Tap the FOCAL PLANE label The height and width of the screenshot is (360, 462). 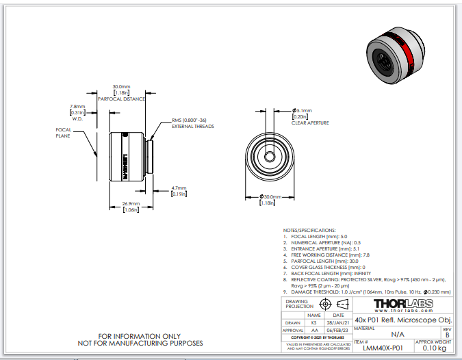pyautogui.click(x=64, y=133)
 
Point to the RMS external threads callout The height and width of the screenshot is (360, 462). pyautogui.click(x=192, y=124)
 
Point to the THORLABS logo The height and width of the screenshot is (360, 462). pyautogui.click(x=402, y=303)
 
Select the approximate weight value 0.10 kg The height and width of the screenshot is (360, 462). pyautogui.click(x=433, y=348)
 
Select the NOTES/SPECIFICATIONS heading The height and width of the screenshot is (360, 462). pyautogui.click(x=309, y=230)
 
